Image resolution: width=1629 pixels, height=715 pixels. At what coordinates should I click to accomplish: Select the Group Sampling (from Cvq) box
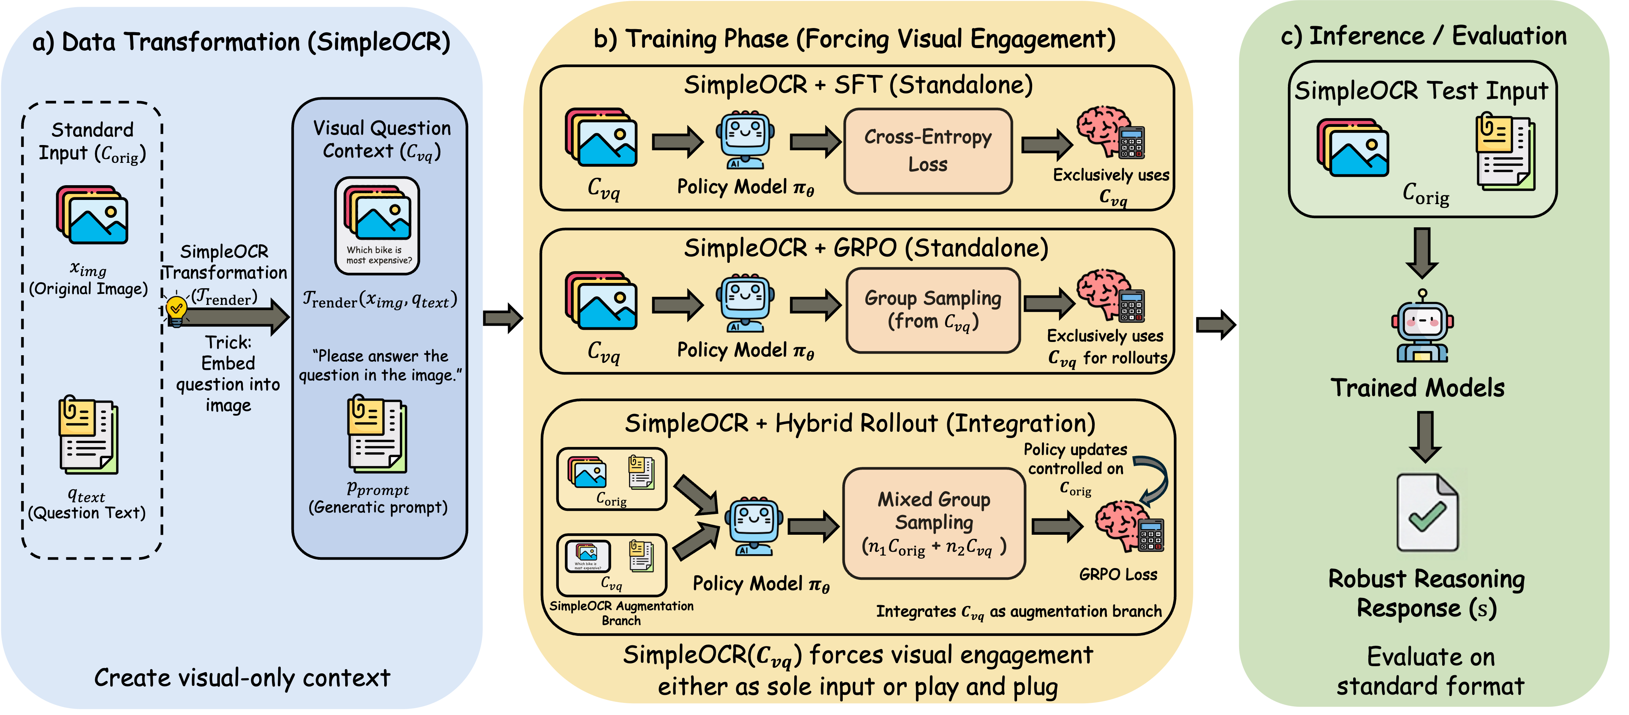tap(933, 310)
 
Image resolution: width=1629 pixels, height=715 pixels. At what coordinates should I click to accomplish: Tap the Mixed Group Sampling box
tap(933, 523)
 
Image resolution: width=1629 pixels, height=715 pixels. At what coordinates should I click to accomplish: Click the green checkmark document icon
tap(1427, 512)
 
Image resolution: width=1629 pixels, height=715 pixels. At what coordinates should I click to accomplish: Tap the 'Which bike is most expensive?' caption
tap(378, 255)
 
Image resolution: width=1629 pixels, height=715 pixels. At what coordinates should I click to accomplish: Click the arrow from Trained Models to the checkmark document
tap(1426, 436)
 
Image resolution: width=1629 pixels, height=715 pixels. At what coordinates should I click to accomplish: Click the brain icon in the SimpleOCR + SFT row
tap(1103, 131)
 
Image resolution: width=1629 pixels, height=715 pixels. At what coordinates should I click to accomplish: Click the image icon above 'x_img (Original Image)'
tap(92, 215)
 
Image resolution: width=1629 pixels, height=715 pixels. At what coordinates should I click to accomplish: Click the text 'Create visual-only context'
tap(242, 678)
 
